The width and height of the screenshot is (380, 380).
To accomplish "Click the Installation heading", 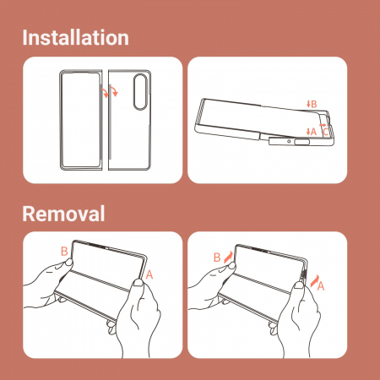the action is click(75, 37).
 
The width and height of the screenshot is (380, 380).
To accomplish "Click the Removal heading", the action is click(63, 214).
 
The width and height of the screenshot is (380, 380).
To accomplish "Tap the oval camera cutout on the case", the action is click(140, 91).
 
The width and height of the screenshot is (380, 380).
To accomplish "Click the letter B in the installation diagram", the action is click(314, 104).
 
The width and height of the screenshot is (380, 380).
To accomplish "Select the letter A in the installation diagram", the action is click(313, 131).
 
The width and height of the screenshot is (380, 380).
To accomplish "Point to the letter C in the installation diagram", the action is click(325, 132).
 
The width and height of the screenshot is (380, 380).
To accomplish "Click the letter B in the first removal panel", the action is click(64, 251).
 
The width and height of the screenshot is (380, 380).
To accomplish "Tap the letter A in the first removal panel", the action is click(149, 274).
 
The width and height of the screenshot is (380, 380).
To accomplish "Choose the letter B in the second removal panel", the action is click(217, 258).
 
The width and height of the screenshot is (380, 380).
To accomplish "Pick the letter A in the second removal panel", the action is click(321, 286).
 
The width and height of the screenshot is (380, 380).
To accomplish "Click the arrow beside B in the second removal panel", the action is click(229, 257).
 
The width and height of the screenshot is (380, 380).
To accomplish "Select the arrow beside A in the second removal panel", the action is click(315, 280).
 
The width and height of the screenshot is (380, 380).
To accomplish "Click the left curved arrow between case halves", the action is click(106, 92).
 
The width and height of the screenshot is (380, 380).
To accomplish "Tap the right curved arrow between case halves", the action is click(114, 90).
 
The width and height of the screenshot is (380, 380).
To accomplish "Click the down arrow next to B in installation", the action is click(308, 104).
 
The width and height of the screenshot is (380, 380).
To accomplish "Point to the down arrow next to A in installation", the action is click(308, 131).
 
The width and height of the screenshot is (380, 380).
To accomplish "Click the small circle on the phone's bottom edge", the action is click(289, 141).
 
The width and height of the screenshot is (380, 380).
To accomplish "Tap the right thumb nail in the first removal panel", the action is click(138, 283).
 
